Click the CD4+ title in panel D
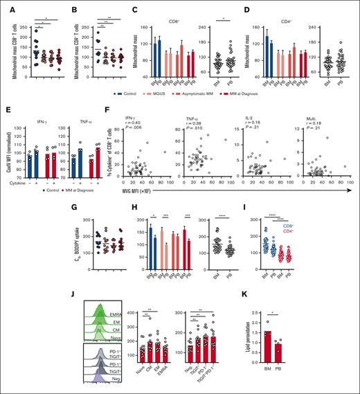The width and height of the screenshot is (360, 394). pyautogui.click(x=285, y=9)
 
